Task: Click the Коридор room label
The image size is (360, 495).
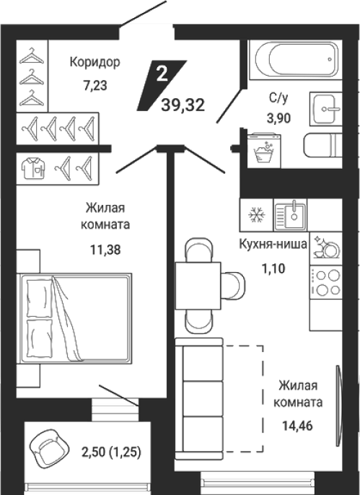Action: pos(95,63)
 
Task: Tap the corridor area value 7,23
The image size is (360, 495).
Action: pos(95,86)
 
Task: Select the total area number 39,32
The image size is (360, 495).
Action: pos(183,105)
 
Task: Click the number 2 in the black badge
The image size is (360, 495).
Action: pos(162,74)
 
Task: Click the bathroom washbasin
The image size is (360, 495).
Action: pos(325,109)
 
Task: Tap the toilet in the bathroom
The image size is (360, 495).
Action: pos(323,145)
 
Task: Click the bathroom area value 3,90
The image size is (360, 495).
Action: pos(278,118)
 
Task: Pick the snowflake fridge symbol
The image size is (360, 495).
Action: pos(257,215)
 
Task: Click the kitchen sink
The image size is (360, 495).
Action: pos(290,215)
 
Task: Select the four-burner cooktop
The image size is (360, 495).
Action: pos(326,282)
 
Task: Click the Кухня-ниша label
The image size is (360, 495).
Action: pos(273,245)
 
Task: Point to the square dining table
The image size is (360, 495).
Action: pos(198,286)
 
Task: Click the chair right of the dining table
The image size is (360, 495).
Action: pos(233,286)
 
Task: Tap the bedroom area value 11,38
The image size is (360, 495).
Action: pos(105,250)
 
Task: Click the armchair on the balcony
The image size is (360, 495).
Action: pos(49,449)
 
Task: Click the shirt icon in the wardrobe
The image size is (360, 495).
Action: pos(33,169)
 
